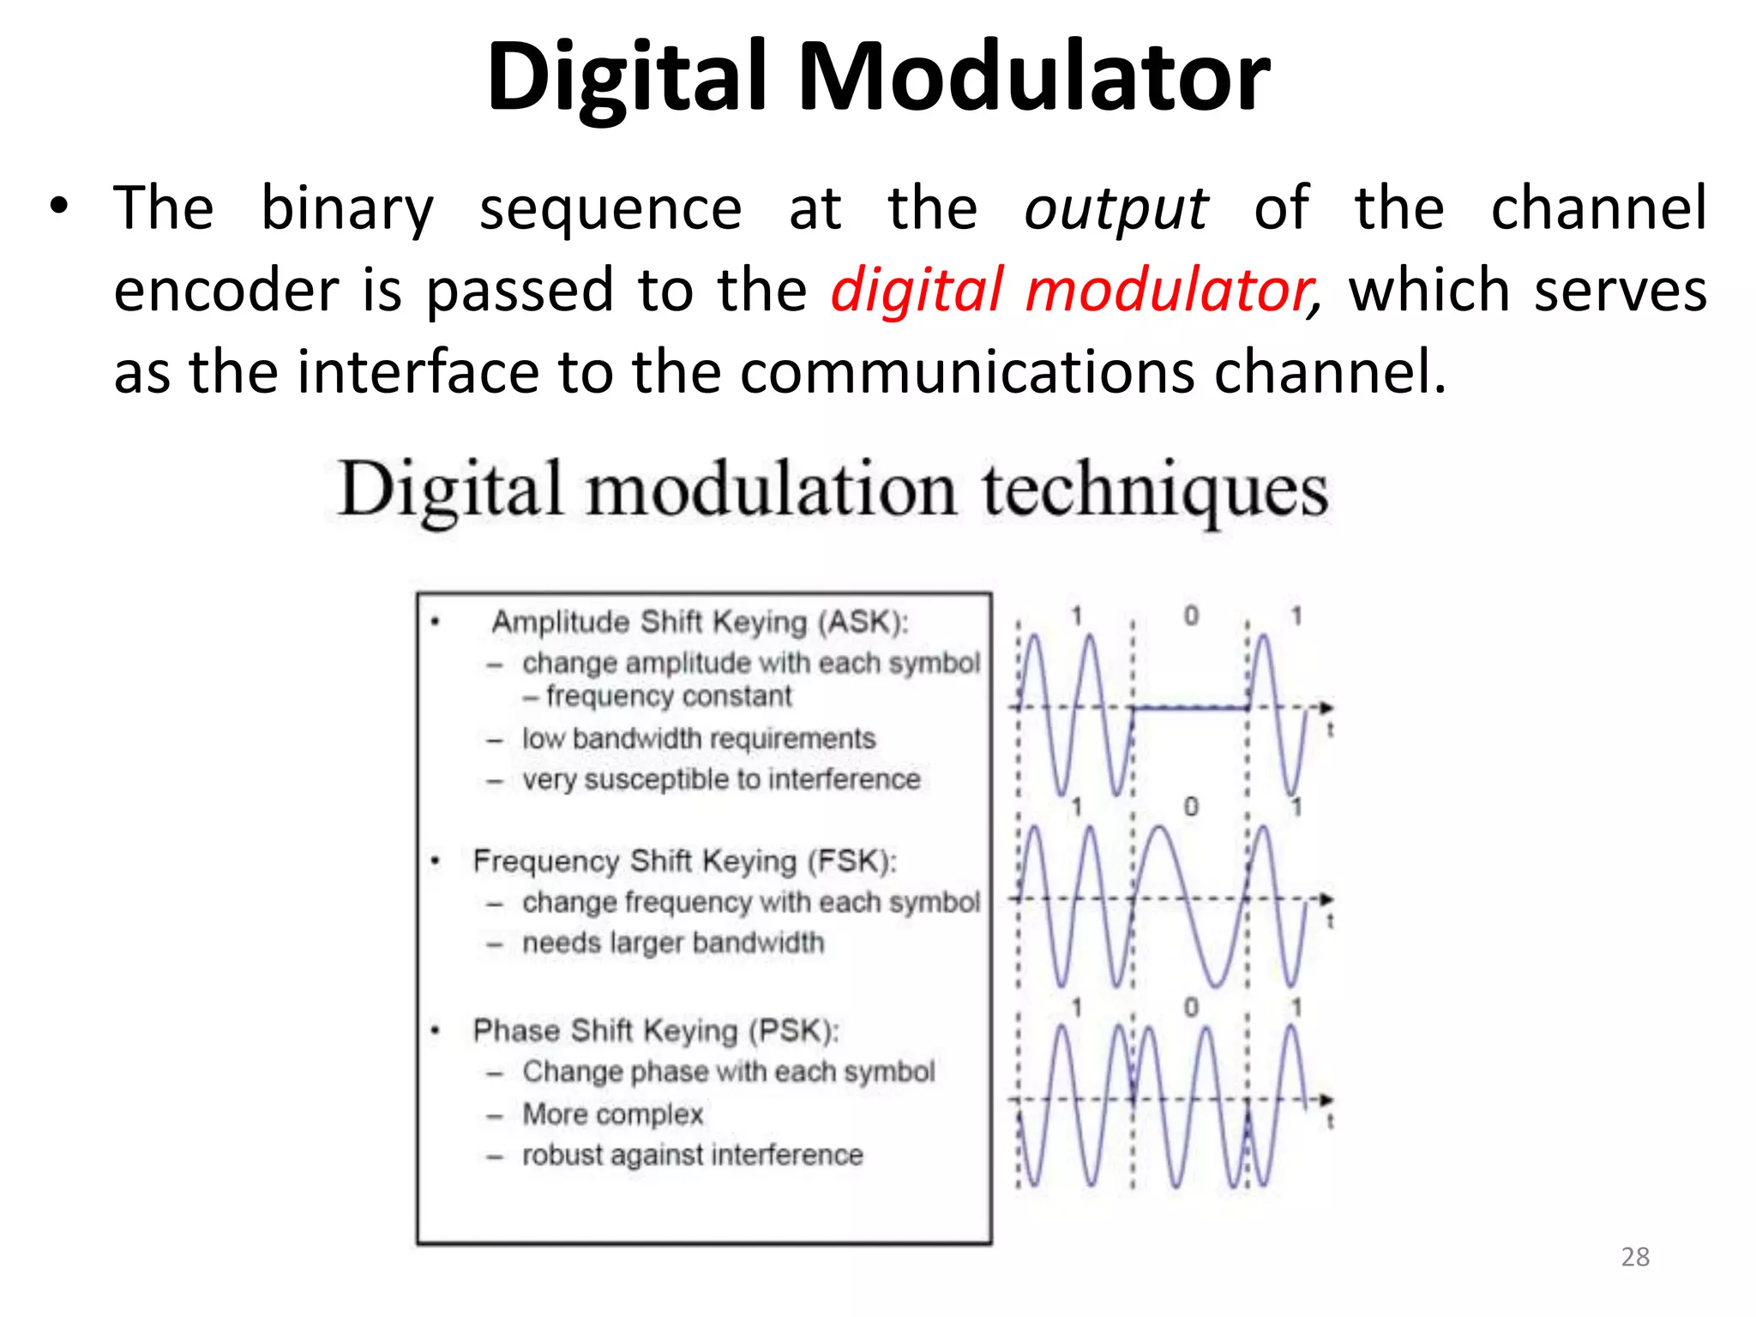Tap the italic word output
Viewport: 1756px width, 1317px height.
point(1116,209)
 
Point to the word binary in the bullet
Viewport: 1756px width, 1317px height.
point(347,209)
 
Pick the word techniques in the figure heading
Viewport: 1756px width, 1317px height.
point(1155,490)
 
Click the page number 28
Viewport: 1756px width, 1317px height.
point(1635,1257)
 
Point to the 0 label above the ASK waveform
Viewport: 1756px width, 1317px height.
point(1191,616)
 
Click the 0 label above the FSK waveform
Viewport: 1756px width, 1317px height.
point(1191,807)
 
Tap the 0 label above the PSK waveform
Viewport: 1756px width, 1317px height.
point(1191,1007)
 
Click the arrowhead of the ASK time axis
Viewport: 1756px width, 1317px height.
point(1326,707)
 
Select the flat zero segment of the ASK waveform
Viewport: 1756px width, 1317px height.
point(1190,708)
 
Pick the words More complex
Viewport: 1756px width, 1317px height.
point(612,1114)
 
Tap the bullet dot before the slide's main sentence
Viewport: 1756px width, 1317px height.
point(57,207)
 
